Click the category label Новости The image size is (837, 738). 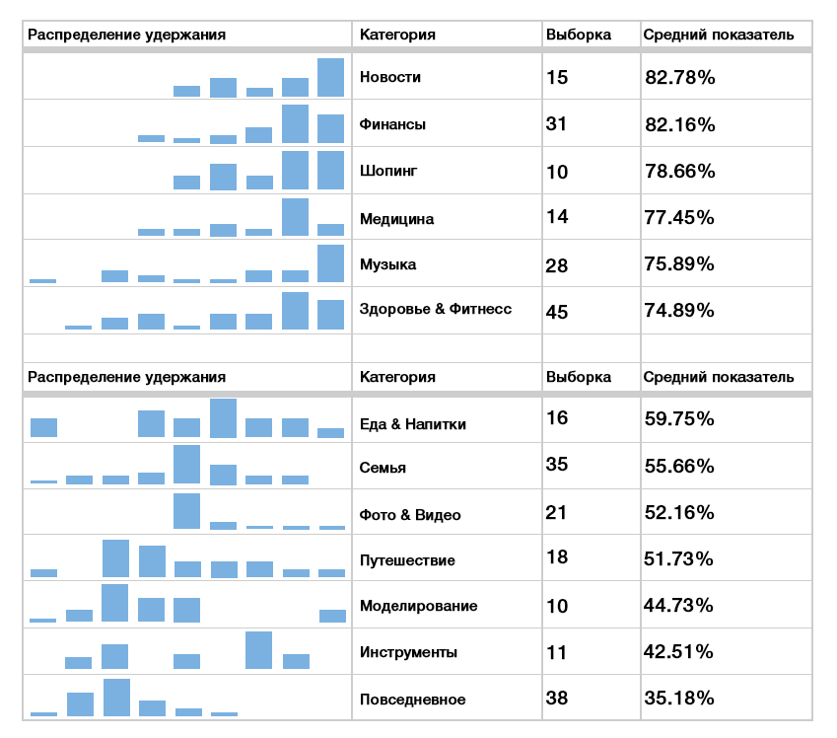pos(390,77)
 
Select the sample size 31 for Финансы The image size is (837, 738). pos(557,123)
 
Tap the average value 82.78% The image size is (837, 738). pos(679,77)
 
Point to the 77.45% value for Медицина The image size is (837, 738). pos(679,217)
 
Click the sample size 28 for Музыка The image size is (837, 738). pos(557,264)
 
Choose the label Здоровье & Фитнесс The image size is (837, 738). pos(436,309)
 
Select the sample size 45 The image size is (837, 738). pos(557,312)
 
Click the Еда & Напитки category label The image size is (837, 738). pos(413,424)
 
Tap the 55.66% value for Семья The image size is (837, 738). pos(679,466)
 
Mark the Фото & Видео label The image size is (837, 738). pos(410,515)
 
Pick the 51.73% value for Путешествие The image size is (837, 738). pos(679,559)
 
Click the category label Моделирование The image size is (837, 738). pos(419,606)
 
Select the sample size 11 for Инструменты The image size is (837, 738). pos(556,652)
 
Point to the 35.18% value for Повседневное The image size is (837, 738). pos(679,699)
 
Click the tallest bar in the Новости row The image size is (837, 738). pos(331,77)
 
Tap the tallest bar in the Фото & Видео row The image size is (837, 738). pos(187,511)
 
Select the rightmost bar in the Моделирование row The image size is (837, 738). pos(332,616)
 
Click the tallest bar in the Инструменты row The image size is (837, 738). pos(259,650)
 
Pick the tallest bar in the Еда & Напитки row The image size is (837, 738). pos(224,418)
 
